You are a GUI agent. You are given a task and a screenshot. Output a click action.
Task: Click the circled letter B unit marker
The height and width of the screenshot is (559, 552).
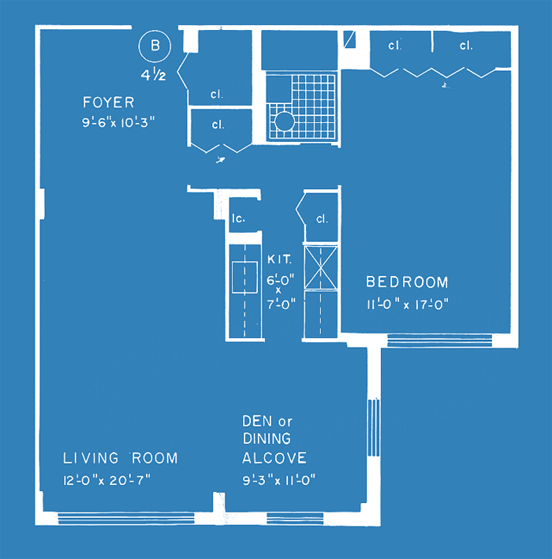(x=155, y=46)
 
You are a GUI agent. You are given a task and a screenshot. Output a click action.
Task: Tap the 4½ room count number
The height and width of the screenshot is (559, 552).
(x=153, y=75)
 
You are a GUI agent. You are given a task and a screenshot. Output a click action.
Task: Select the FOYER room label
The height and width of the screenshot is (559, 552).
(x=108, y=102)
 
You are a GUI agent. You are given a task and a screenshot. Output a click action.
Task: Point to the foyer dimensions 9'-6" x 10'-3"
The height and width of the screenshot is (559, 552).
(x=118, y=123)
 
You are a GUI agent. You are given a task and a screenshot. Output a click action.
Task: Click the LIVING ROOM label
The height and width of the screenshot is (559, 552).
(x=120, y=458)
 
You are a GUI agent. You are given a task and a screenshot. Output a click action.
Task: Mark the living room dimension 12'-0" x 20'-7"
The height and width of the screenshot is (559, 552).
(x=107, y=481)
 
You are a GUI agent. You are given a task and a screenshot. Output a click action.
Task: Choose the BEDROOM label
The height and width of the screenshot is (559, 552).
(x=407, y=282)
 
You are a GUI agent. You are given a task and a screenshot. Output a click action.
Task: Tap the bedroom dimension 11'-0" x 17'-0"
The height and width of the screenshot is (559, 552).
(x=408, y=304)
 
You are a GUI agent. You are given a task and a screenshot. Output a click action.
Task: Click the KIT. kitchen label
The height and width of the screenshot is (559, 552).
(x=280, y=259)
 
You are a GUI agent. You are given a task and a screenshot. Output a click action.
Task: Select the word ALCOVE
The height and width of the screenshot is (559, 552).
(x=274, y=458)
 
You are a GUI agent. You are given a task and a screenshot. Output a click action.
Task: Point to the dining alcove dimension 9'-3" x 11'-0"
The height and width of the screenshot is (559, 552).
(x=279, y=480)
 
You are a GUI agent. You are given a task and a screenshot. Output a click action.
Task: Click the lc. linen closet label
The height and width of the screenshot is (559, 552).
(x=238, y=218)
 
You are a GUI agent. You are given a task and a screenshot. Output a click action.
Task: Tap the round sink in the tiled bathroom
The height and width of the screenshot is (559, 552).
(x=284, y=121)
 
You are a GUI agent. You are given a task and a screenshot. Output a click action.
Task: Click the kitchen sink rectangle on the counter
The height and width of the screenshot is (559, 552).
(x=244, y=278)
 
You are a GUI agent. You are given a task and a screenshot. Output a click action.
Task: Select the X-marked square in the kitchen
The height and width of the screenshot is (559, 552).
(x=321, y=268)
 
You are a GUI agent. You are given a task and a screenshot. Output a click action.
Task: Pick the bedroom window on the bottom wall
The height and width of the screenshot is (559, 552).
(x=440, y=340)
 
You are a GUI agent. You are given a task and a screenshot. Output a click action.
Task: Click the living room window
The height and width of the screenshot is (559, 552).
(x=126, y=518)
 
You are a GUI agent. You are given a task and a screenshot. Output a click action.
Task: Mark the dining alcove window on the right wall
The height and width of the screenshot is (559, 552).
(x=373, y=427)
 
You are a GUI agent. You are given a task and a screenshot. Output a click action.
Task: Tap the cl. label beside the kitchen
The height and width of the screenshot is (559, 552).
(x=322, y=218)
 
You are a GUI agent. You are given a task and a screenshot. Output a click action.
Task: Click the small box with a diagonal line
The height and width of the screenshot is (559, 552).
(x=349, y=39)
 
